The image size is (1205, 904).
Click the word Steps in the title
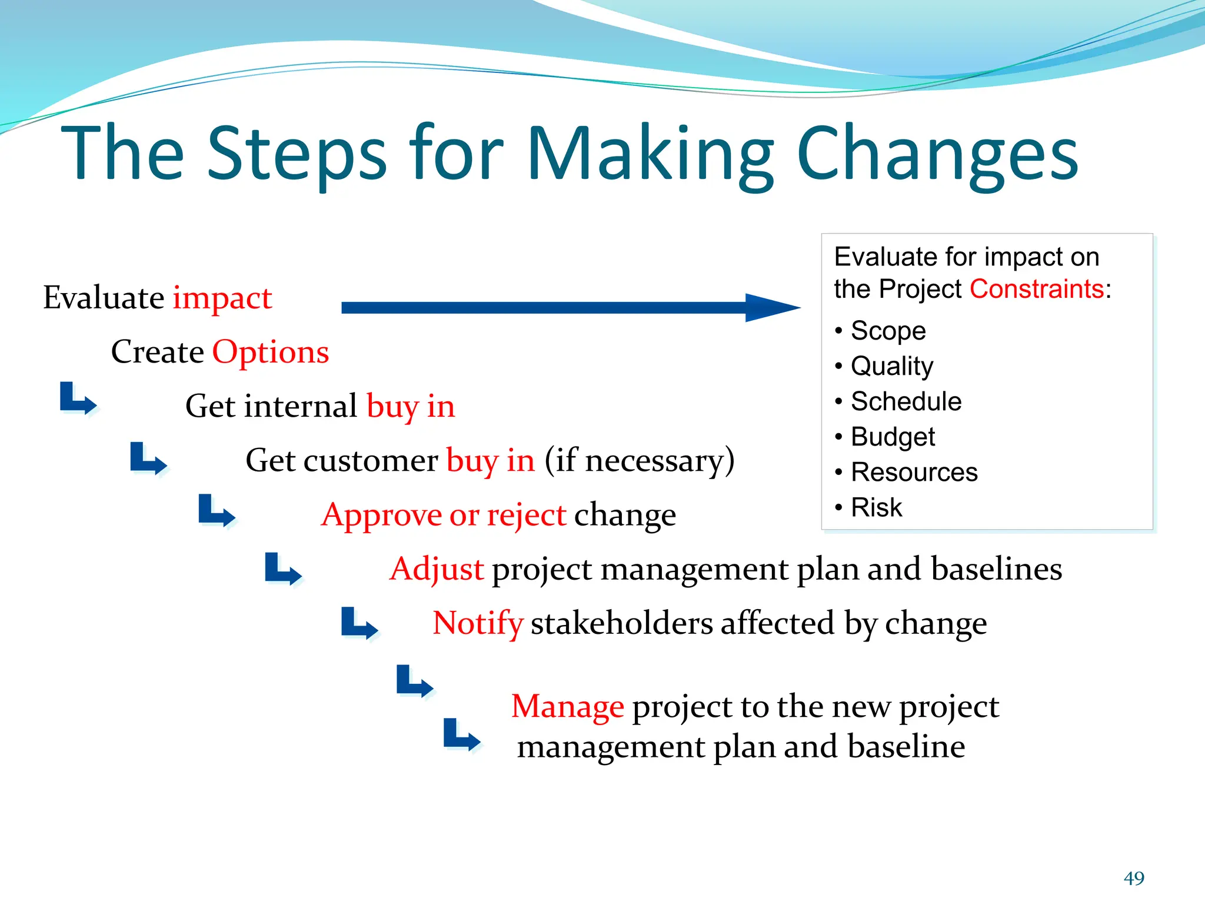pos(297,154)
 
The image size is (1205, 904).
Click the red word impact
pos(222,298)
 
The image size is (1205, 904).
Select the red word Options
pos(270,352)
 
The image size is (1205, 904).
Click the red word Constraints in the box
pos(1036,289)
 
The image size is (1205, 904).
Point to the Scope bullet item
pos(887,331)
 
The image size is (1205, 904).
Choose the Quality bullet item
pos(891,366)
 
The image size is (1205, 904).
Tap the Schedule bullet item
pos(906,401)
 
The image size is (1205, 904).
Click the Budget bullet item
pos(893,437)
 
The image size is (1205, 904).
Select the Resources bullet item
pos(914,472)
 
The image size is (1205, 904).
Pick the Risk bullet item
pos(876,507)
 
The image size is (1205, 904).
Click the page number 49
pos(1134,878)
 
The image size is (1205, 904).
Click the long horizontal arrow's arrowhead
pos(771,307)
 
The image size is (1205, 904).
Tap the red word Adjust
pos(437,569)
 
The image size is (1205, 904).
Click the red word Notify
pos(477,623)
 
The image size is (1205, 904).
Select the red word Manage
pos(567,706)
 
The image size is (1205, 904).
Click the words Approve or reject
pos(444,515)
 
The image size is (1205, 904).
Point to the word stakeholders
pos(621,623)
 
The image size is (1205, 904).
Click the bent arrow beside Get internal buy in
pos(78,398)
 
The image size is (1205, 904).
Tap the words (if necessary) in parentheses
pos(639,460)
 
